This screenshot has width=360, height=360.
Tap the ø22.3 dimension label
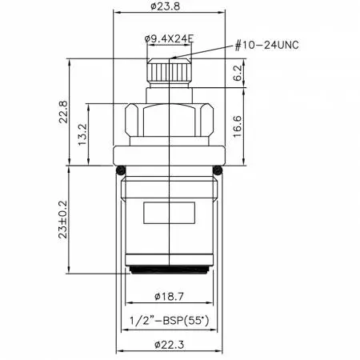tap(169, 345)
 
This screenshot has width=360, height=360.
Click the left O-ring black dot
tap(119, 170)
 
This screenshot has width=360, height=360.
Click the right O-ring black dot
tap(218, 170)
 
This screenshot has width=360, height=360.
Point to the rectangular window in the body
tap(168, 214)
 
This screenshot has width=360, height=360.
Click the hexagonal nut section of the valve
tap(169, 120)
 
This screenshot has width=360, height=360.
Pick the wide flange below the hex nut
tap(169, 156)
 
